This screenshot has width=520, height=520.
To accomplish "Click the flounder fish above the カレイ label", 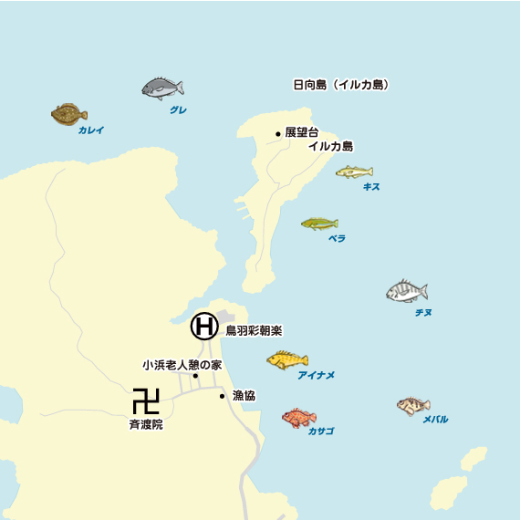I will click(x=69, y=114).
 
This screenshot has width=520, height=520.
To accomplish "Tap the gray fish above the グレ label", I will click(x=162, y=88).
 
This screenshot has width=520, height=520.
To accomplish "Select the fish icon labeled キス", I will click(x=354, y=172).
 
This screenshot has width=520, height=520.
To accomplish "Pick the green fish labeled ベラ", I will click(x=319, y=224).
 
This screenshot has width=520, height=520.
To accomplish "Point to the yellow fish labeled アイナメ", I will click(x=287, y=360).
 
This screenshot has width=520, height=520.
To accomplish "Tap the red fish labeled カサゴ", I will click(x=298, y=418).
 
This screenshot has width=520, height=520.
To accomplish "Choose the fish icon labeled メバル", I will click(x=413, y=405).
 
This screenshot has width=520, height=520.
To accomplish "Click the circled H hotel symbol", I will click(x=204, y=325).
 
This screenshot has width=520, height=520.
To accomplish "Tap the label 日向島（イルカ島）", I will click(x=341, y=85).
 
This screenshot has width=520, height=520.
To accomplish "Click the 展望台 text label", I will click(x=302, y=132).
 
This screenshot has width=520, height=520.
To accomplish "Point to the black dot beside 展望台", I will click(x=278, y=134).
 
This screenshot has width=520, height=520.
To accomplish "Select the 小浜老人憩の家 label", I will click(x=182, y=364).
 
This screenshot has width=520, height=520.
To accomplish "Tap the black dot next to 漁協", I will click(x=222, y=396).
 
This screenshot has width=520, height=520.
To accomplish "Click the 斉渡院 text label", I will click(x=146, y=424).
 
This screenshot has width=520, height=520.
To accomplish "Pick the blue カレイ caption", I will click(x=91, y=130).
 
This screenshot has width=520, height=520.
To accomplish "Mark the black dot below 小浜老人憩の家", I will click(x=195, y=375).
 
